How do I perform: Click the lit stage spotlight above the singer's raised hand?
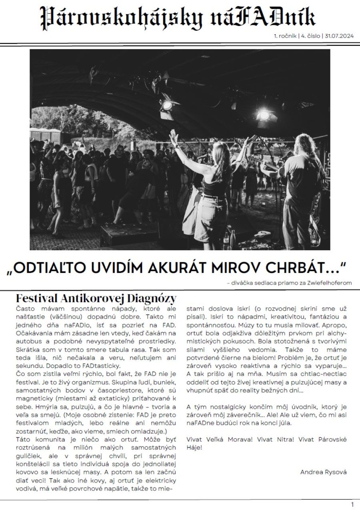tap(167, 105)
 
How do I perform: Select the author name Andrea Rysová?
tap(323, 472)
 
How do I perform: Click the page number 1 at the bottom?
tap(352, 504)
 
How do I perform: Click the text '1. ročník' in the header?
tap(285, 36)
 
